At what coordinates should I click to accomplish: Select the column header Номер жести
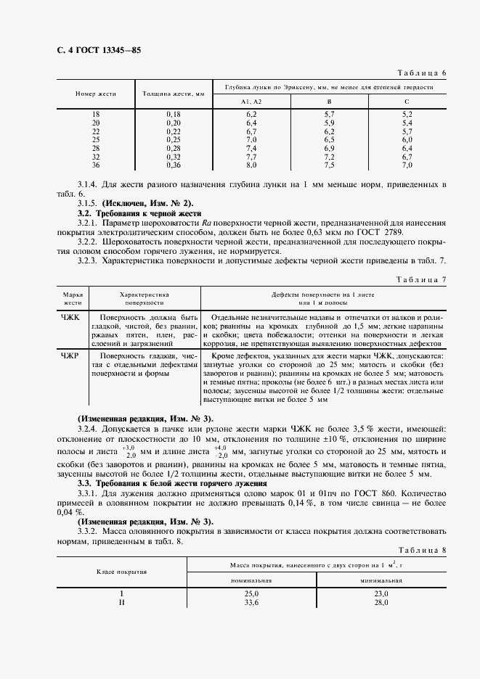(x=95, y=94)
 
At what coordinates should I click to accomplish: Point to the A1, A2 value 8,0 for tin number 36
(x=252, y=165)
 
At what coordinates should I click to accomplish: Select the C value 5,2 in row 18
(x=407, y=115)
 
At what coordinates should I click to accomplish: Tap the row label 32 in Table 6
(x=95, y=157)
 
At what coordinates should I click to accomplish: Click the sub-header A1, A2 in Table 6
(x=252, y=102)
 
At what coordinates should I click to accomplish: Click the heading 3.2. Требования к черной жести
(x=139, y=214)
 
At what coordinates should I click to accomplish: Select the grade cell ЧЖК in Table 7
(x=72, y=318)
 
